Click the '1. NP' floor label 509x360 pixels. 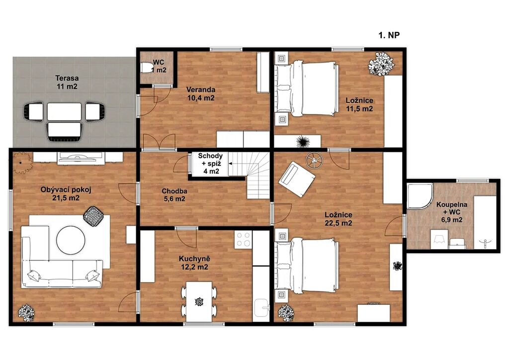pyautogui.click(x=389, y=35)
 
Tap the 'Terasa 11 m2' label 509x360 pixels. pyautogui.click(x=67, y=82)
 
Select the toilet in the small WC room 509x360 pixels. pyautogui.click(x=147, y=68)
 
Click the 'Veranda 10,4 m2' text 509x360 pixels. pyautogui.click(x=201, y=93)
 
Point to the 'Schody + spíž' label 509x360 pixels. pyautogui.click(x=210, y=160)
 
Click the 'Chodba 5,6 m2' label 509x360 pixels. pyautogui.click(x=174, y=195)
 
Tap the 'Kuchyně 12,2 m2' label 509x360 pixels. pyautogui.click(x=194, y=263)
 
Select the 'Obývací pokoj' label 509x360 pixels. pyautogui.click(x=66, y=189)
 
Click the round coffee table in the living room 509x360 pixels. pyautogui.click(x=71, y=240)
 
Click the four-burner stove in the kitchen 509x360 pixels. pyautogui.click(x=243, y=239)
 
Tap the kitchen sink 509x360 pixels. pyautogui.click(x=261, y=307)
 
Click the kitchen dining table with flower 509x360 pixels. pyautogui.click(x=199, y=301)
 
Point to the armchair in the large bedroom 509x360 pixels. pyautogui.click(x=297, y=179)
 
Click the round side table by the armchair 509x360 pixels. pyautogui.click(x=314, y=161)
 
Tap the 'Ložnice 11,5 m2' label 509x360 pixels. pyautogui.click(x=359, y=104)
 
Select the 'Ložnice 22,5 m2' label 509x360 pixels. pyautogui.click(x=338, y=219)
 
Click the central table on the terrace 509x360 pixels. pyautogui.click(x=64, y=112)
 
